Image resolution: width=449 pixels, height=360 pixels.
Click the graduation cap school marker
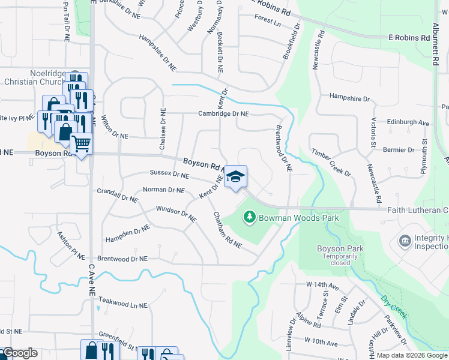click(236, 176)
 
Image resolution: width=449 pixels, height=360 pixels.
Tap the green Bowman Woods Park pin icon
click(249, 217)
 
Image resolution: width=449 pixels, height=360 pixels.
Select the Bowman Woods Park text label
click(298, 217)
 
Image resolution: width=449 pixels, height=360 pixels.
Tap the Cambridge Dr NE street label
click(223, 113)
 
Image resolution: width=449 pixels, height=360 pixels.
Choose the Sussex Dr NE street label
click(169, 175)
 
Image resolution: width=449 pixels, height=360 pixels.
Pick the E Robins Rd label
click(409, 37)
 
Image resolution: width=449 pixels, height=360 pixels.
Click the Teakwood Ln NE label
click(122, 305)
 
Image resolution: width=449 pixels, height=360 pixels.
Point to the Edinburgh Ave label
click(408, 122)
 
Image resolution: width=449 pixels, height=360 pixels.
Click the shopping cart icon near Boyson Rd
click(81, 144)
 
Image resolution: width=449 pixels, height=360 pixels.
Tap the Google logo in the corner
click(19, 353)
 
